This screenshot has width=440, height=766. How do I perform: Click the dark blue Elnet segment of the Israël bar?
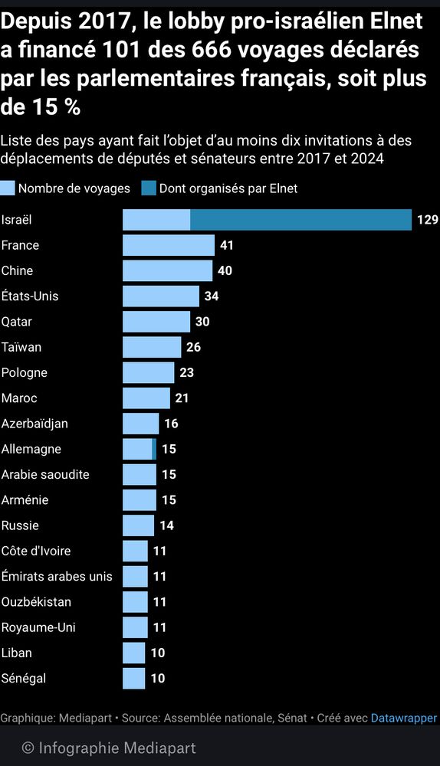[x=300, y=220]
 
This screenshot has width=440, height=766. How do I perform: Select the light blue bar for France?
[x=169, y=245]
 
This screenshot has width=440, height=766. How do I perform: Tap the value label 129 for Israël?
[x=427, y=220]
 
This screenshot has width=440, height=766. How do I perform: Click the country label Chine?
[x=17, y=270]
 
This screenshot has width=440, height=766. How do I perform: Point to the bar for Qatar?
[x=156, y=322]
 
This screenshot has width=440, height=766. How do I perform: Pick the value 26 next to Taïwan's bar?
[x=193, y=347]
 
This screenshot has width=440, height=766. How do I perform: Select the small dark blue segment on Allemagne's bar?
[x=154, y=449]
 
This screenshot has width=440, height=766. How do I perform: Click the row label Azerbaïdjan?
[x=34, y=424]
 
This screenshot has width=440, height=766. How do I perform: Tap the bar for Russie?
[x=139, y=525]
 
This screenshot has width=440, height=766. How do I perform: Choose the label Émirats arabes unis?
[x=57, y=576]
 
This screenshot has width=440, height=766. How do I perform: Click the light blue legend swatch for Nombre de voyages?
[x=8, y=188]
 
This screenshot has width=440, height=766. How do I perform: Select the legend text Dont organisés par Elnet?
[x=228, y=188]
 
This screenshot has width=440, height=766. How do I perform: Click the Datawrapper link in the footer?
[x=403, y=719]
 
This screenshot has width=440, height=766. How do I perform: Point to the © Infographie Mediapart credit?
[x=108, y=748]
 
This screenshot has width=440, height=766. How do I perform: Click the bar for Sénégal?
[x=134, y=678]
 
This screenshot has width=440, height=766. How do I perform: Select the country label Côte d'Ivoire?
[x=36, y=551]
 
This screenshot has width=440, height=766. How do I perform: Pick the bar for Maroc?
[x=146, y=398]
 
